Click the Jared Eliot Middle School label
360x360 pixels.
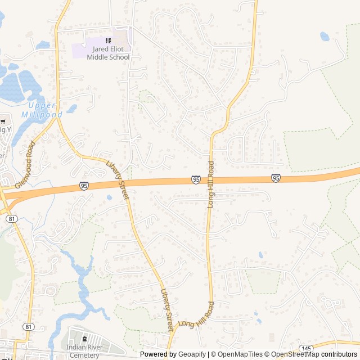(x=108, y=53)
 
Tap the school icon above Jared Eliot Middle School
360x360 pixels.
(x=108, y=40)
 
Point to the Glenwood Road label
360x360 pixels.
(x=25, y=164)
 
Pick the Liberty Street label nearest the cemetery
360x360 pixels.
(x=167, y=309)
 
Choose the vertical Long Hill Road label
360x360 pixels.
(x=211, y=184)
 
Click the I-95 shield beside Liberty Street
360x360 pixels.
(x=84, y=186)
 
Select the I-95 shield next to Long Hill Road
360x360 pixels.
(x=196, y=179)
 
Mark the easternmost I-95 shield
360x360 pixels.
(x=276, y=178)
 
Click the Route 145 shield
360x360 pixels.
(x=306, y=349)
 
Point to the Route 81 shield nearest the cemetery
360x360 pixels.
(x=29, y=326)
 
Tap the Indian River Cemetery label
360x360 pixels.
(x=85, y=352)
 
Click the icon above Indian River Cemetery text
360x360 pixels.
(x=85, y=339)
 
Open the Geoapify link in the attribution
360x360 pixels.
(x=191, y=354)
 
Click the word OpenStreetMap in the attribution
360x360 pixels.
(x=296, y=354)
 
